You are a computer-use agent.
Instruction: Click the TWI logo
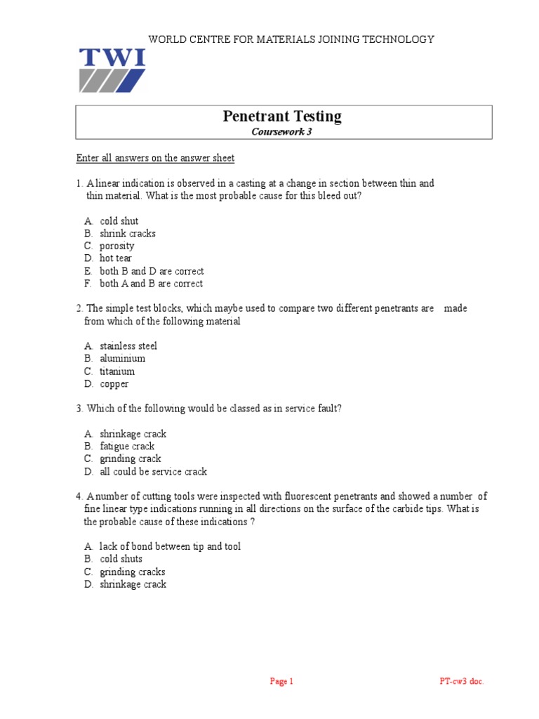112,70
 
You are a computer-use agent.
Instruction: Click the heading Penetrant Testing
282,117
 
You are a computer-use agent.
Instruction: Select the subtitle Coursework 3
282,131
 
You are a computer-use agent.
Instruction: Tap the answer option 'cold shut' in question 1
119,220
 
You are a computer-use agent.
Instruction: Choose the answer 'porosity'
117,246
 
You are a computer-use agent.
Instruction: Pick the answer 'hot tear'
116,258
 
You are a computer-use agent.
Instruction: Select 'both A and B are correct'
151,284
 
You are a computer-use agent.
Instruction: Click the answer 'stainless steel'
128,345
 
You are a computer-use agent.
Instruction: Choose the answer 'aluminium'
122,358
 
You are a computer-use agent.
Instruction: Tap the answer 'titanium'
117,371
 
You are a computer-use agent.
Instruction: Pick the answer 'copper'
114,383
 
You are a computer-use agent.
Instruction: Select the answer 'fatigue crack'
127,446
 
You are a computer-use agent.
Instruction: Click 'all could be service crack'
153,471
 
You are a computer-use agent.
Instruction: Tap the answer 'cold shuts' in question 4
121,559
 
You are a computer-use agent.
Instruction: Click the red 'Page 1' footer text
281,681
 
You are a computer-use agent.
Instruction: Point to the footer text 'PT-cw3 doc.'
461,681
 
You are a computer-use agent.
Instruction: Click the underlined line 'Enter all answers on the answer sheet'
155,158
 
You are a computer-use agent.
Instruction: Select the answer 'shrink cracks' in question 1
128,233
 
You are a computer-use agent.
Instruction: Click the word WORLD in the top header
162,39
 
